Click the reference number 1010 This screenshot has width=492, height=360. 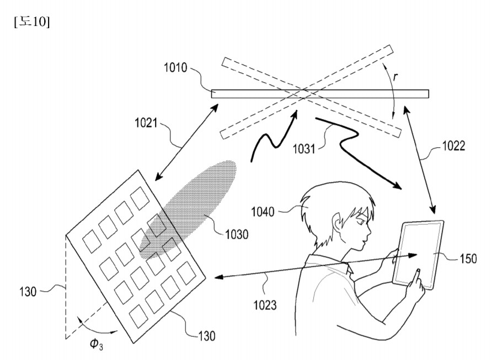(x=175, y=68)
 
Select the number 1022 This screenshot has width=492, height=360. (x=454, y=146)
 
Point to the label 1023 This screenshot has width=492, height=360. (x=265, y=305)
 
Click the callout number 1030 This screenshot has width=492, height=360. (x=237, y=234)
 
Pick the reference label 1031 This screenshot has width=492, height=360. (x=304, y=149)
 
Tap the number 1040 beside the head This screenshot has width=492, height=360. (x=263, y=212)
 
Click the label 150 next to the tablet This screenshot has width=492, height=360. (x=468, y=259)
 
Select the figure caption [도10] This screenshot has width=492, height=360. (x=32, y=22)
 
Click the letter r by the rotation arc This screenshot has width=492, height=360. (x=395, y=77)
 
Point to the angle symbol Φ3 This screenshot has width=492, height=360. (x=97, y=344)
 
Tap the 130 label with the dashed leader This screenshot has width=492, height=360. (x=28, y=292)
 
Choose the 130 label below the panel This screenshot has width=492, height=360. (x=207, y=336)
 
